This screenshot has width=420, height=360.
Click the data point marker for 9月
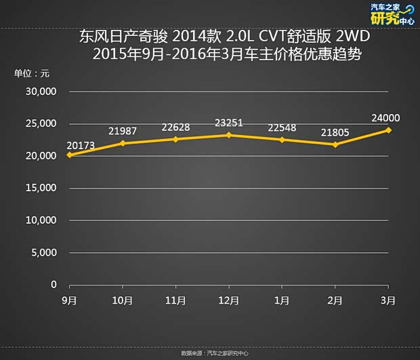click(x=69, y=155)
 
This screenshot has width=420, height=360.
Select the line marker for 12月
click(x=229, y=135)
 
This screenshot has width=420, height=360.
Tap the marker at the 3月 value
click(x=389, y=130)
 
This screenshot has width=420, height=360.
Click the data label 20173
click(x=81, y=144)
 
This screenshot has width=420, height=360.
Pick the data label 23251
click(x=229, y=123)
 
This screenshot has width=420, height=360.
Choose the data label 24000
click(x=385, y=117)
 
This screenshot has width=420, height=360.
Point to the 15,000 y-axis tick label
click(x=41, y=188)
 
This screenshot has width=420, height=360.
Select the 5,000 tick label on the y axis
click(x=44, y=253)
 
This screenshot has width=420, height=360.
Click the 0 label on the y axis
click(x=54, y=285)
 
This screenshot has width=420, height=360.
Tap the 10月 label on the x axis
click(x=122, y=300)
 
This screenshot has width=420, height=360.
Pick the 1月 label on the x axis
click(x=282, y=300)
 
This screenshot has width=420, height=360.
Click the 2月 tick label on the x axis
click(x=335, y=300)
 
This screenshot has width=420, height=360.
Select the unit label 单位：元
click(x=32, y=73)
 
